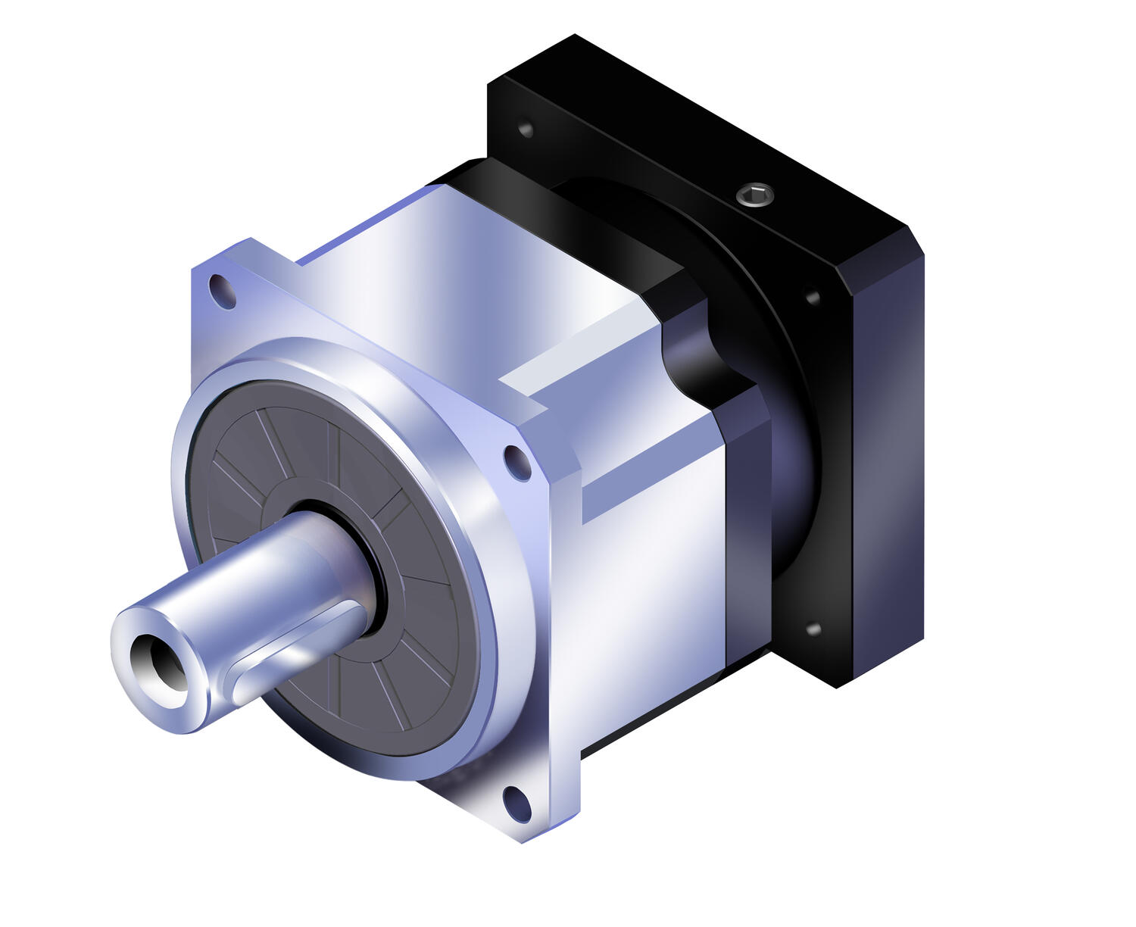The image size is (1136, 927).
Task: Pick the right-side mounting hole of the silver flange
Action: [517, 462]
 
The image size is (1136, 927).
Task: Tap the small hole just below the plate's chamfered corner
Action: [813, 297]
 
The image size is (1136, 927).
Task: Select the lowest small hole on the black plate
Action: [813, 629]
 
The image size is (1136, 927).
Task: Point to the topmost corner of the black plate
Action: [575, 36]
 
